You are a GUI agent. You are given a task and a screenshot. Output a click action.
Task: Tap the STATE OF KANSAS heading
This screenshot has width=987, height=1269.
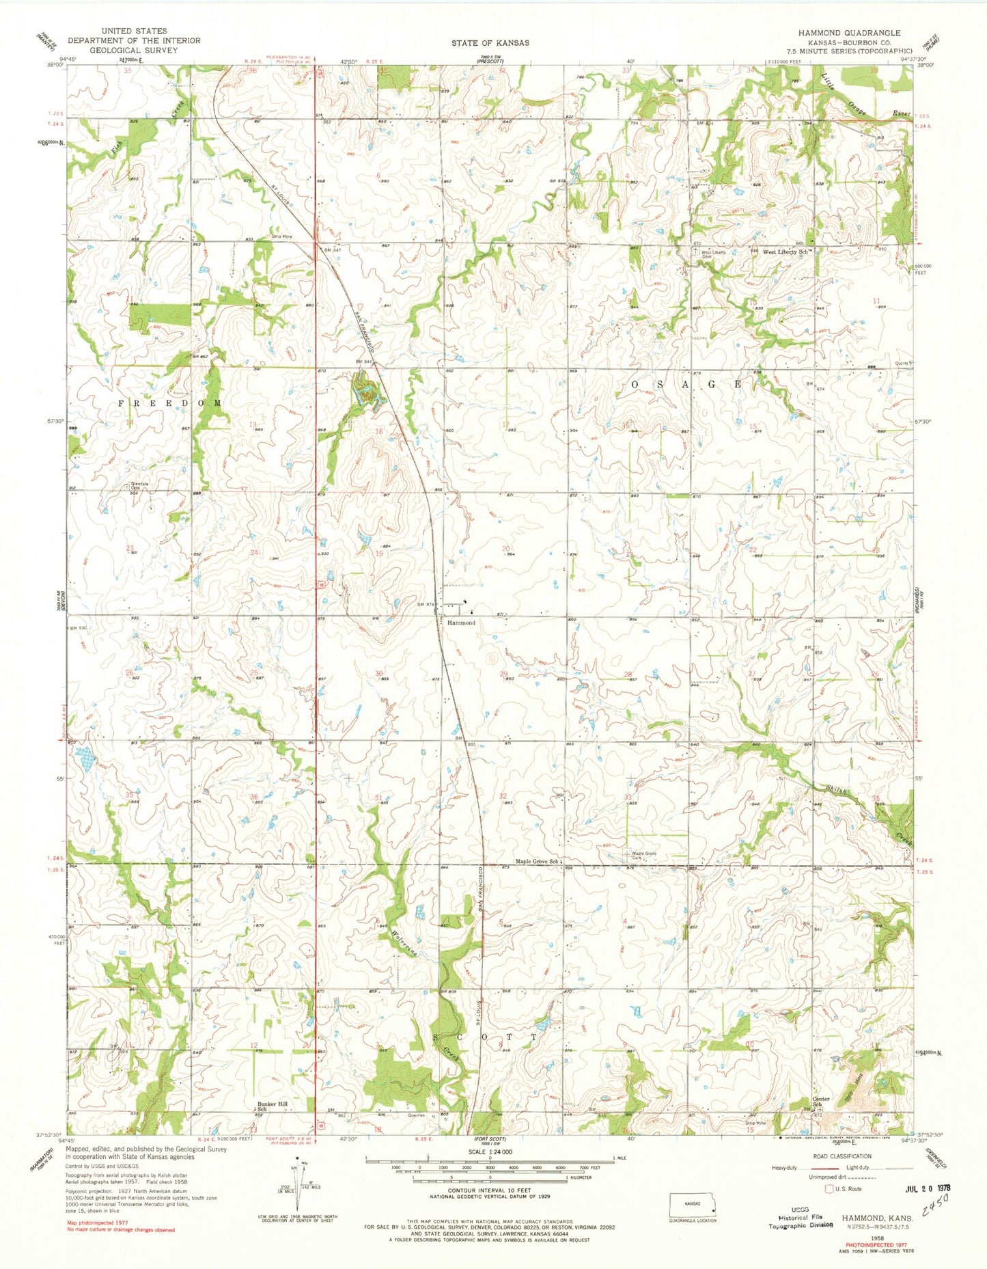pyautogui.click(x=490, y=42)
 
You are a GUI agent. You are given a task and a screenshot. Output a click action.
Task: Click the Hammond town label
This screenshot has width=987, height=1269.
pyautogui.click(x=462, y=623)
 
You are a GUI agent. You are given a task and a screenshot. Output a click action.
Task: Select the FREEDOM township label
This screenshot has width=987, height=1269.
pyautogui.click(x=170, y=404)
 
